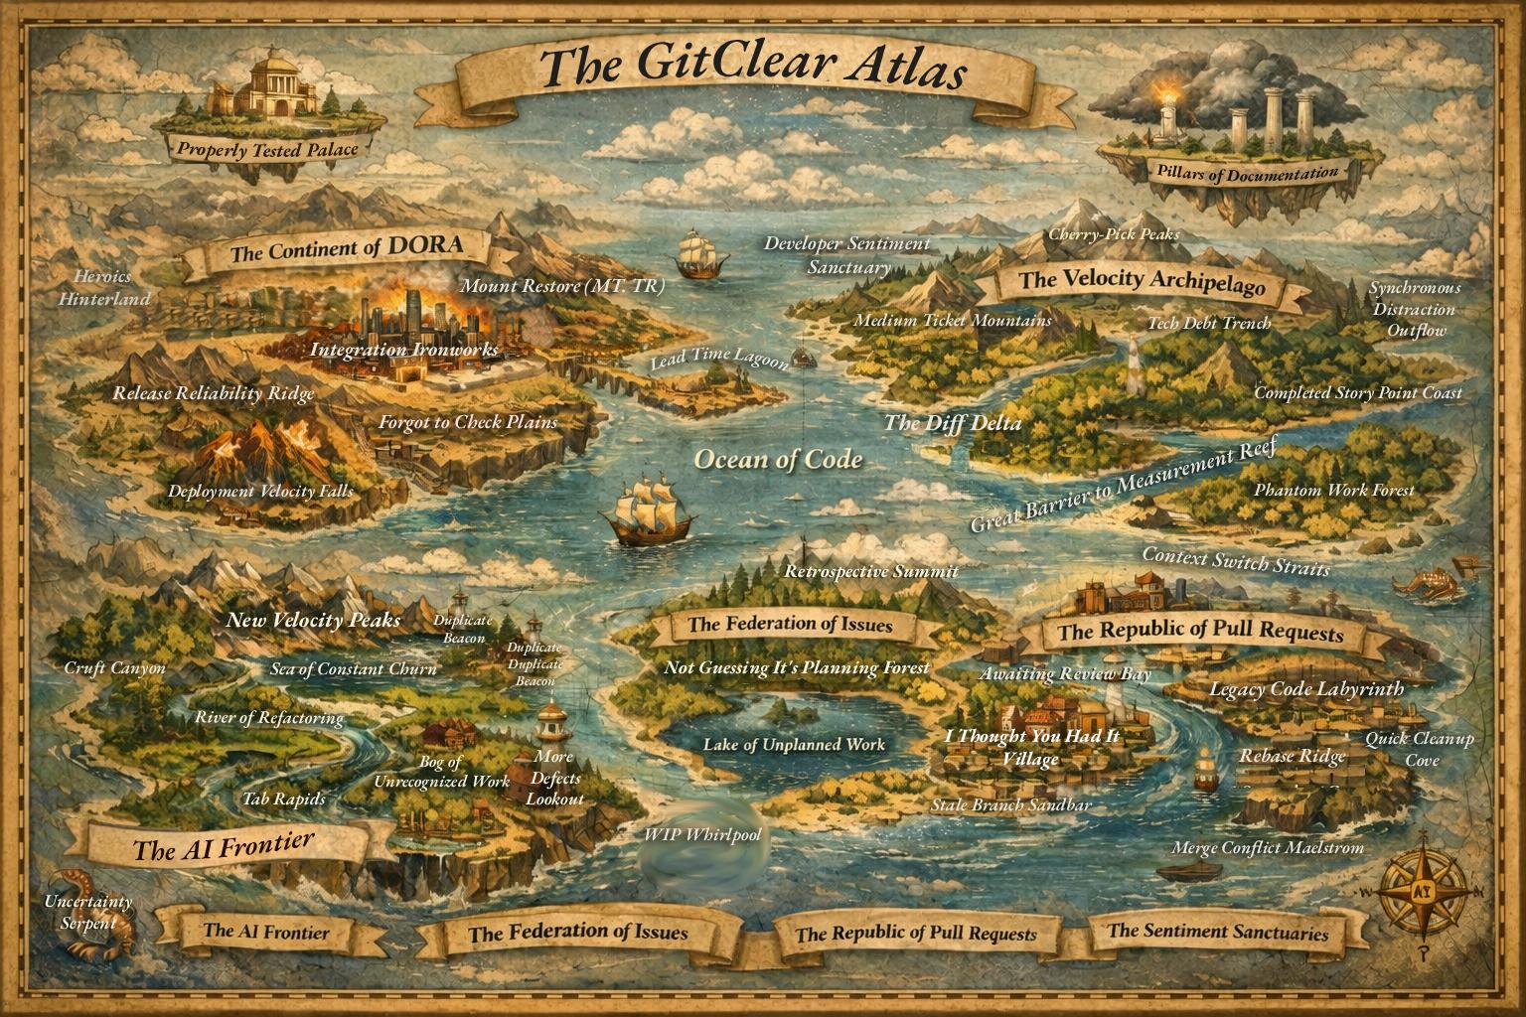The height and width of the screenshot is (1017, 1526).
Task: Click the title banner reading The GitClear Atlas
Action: coord(752,68)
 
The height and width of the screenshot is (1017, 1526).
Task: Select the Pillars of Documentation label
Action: coord(1247,172)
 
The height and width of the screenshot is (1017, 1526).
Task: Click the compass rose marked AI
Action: coord(1422,890)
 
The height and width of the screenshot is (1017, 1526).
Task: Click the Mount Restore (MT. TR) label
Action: coord(562,286)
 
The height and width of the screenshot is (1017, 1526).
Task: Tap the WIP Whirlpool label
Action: coord(702,834)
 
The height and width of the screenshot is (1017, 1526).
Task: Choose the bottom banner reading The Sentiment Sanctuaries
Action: coord(1217,932)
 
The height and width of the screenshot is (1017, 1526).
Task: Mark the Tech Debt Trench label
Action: coord(1209,323)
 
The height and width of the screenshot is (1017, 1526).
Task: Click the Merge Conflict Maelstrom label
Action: coord(1268,847)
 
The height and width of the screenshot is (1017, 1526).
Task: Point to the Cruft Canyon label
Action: coord(114,667)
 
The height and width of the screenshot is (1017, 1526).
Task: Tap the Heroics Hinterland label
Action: coord(103,287)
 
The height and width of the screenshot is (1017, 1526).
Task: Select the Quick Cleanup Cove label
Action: coord(1419,749)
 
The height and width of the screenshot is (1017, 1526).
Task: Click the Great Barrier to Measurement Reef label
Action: coord(1121,486)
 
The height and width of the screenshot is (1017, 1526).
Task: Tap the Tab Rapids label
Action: coord(284,798)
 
